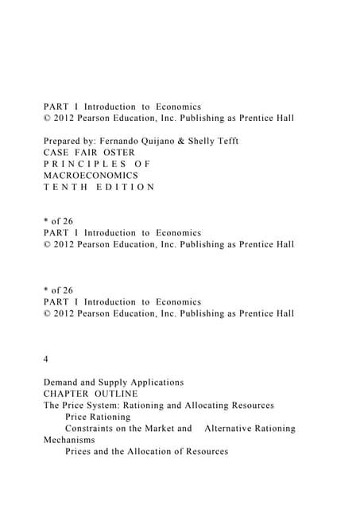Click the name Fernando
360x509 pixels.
click(x=122, y=141)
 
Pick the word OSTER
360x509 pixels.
click(x=118, y=152)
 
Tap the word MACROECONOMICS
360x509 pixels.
click(x=91, y=175)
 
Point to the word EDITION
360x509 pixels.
click(x=127, y=187)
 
